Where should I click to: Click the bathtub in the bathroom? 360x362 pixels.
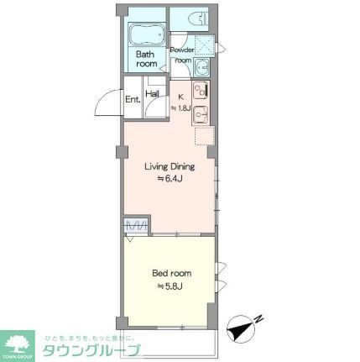coord(148,36)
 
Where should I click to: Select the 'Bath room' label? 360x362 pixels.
coord(148,59)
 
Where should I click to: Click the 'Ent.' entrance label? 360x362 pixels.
coord(133,99)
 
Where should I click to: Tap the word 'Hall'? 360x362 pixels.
coord(153,94)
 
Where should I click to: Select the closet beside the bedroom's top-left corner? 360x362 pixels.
coord(136,224)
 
